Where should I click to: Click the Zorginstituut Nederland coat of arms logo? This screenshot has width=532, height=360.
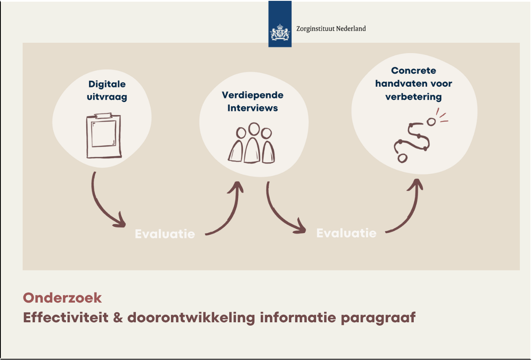point(280,32)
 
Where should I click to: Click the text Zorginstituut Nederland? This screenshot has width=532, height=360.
point(331,29)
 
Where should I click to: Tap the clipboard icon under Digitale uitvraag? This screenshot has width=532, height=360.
point(104,136)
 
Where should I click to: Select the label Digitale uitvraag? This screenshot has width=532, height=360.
point(107,91)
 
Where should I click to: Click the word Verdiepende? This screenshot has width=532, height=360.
point(252,95)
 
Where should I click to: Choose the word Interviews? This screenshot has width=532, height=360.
point(252,108)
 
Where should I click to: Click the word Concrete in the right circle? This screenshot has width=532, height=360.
point(413,71)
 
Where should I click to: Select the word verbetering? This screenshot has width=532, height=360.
point(413,97)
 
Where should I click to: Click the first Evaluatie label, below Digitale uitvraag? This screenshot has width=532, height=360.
point(165,234)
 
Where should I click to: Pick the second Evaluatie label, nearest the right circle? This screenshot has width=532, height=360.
point(346,233)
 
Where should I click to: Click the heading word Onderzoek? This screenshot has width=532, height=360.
point(62,298)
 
